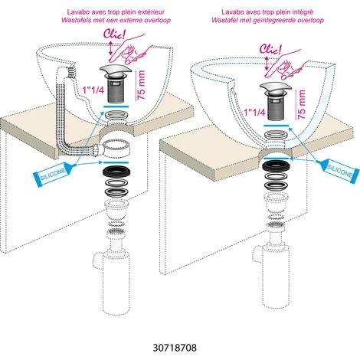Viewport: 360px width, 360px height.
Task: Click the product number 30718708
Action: (175, 348)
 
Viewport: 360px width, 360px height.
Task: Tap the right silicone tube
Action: (338, 170)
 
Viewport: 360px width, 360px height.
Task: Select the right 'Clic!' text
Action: (270, 48)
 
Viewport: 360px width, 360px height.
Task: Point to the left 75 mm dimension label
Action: (141, 85)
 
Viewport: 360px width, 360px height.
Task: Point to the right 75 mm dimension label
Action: (301, 104)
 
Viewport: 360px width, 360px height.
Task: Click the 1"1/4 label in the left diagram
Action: (93, 90)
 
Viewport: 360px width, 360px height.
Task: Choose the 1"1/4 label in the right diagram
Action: (254, 113)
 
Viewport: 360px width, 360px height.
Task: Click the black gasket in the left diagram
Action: (116, 171)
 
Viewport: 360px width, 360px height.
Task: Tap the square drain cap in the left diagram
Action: (116, 71)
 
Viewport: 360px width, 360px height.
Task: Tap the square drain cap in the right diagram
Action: (277, 90)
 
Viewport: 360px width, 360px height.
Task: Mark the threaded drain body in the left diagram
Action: (116, 90)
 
